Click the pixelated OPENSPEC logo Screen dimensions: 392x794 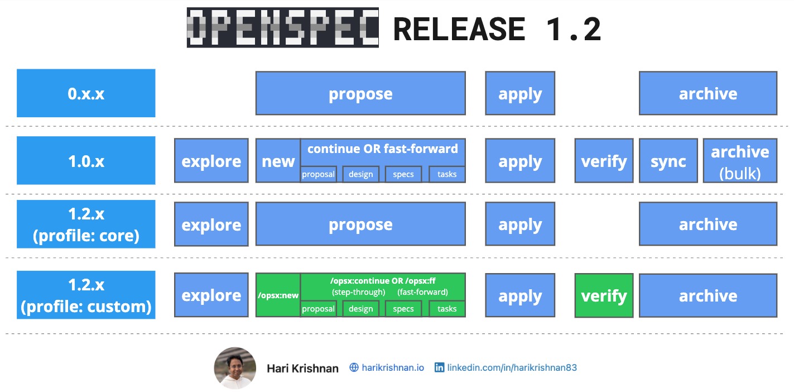click(282, 28)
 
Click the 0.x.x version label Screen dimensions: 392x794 click(86, 93)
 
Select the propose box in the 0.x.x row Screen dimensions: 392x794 click(360, 93)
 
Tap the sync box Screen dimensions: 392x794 click(668, 161)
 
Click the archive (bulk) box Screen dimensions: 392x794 click(740, 161)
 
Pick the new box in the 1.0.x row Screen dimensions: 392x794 click(278, 161)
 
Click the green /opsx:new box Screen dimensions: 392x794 click(278, 295)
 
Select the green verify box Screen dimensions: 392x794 click(604, 295)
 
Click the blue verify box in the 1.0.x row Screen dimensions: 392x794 click(604, 161)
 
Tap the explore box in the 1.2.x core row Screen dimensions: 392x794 click(211, 224)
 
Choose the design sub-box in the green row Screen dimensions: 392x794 click(360, 309)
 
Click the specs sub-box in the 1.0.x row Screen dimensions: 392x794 click(403, 174)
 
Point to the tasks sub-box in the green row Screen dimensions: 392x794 click(447, 309)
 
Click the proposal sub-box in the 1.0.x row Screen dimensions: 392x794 click(318, 174)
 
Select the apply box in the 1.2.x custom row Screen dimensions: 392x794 click(520, 295)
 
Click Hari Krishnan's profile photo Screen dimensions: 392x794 click(235, 367)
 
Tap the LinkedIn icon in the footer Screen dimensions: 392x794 click(440, 367)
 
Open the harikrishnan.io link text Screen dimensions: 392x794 click(393, 367)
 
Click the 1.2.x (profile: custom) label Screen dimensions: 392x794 click(86, 295)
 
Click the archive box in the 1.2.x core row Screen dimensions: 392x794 click(708, 224)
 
